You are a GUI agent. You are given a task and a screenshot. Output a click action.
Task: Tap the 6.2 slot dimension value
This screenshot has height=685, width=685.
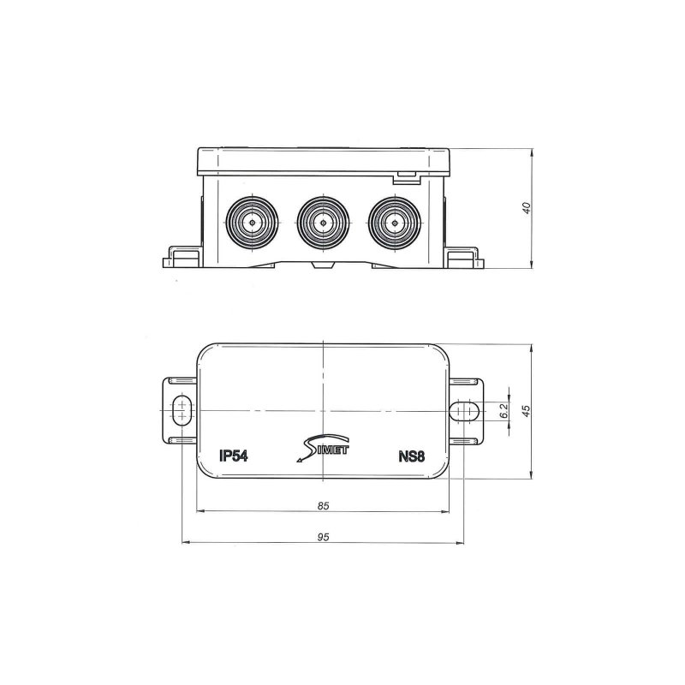(504, 412)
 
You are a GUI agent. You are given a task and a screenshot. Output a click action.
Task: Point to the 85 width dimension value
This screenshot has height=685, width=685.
(323, 506)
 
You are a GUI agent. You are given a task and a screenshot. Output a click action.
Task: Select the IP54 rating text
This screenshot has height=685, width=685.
(233, 456)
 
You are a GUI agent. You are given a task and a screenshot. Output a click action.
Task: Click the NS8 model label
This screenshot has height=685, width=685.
(412, 456)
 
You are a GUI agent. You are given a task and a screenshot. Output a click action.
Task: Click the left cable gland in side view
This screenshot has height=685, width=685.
(253, 223)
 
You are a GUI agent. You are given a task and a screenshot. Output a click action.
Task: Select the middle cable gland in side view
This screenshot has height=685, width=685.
(323, 223)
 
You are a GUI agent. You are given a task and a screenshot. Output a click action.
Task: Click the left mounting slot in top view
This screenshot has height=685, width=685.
(182, 412)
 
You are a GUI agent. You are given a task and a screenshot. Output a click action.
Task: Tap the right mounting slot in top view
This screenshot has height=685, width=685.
(464, 412)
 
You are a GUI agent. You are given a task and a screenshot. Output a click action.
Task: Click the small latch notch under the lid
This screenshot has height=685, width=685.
(405, 177)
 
